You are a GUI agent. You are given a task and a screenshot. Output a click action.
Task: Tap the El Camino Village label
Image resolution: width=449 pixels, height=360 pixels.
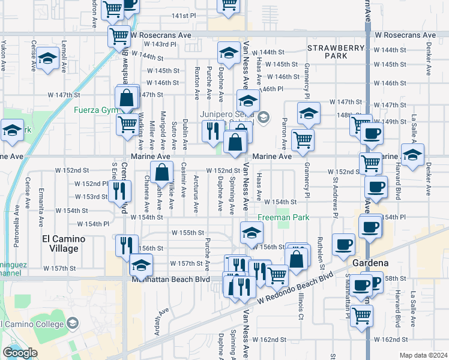tap(63, 244)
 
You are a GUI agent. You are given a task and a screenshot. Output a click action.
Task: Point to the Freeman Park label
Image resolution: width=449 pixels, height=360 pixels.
tap(284, 218)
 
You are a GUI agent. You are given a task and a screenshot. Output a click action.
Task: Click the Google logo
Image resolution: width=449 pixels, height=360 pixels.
tap(20, 353)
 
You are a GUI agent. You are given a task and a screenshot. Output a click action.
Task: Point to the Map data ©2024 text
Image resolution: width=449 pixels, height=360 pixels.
tap(423, 355)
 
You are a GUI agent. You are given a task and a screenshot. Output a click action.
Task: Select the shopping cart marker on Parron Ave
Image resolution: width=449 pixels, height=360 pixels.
tap(303, 140)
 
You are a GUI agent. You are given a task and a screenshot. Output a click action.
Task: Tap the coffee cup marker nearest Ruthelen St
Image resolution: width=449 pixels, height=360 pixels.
tap(343, 244)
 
